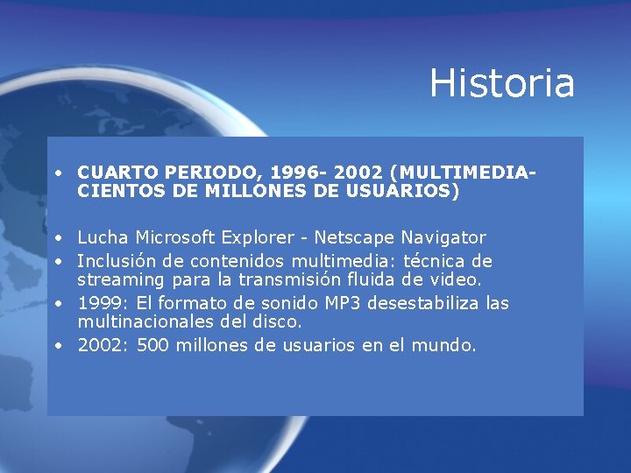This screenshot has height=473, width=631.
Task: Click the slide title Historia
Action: pyautogui.click(x=502, y=83)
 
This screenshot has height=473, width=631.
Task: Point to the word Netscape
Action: pyautogui.click(x=355, y=237)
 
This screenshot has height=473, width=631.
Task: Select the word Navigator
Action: pyautogui.click(x=443, y=237)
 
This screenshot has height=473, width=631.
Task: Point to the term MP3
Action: pyautogui.click(x=345, y=303)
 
